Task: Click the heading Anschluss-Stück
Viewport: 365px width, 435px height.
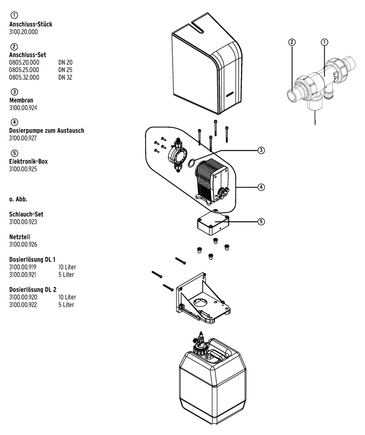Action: tap(31, 24)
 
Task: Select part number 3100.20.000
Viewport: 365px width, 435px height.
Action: tap(23, 32)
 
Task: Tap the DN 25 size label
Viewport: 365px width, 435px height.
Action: tap(65, 70)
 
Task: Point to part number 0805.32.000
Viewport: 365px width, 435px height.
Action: tap(24, 77)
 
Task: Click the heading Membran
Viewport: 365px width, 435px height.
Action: tap(21, 100)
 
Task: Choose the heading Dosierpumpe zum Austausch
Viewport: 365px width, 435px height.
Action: tap(47, 130)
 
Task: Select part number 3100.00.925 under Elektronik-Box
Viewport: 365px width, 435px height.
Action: tap(23, 169)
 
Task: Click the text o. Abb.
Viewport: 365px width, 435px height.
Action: tap(18, 199)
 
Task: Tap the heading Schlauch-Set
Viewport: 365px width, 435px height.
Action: tap(26, 214)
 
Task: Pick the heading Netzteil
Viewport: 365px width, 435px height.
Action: tap(20, 236)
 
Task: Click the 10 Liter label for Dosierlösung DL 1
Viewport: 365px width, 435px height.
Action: tap(67, 267)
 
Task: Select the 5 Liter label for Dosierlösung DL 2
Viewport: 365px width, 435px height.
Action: tap(66, 305)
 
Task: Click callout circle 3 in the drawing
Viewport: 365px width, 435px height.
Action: tap(261, 150)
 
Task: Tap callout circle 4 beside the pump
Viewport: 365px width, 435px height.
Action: tap(261, 187)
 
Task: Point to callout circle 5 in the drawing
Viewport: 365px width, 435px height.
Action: tap(261, 221)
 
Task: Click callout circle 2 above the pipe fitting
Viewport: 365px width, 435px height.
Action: tap(292, 41)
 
